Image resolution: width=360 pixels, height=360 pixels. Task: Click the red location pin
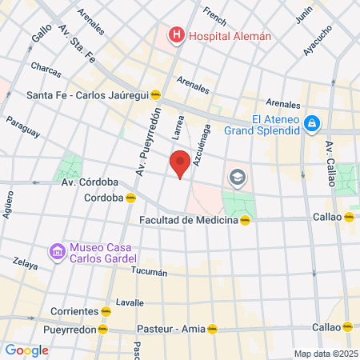tap(181, 162)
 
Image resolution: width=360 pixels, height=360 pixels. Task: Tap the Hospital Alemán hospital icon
tap(175, 35)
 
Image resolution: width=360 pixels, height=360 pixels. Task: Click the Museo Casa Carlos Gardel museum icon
tap(57, 252)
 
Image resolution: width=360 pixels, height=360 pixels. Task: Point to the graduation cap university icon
tap(237, 176)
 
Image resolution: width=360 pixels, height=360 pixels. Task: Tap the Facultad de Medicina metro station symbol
tap(246, 220)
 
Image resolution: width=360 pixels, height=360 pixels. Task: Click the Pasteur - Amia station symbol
tap(212, 328)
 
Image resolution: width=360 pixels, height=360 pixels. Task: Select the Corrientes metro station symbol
tap(106, 310)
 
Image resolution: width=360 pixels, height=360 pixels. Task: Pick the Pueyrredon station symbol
tap(102, 329)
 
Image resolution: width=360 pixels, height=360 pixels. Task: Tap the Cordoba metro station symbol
tap(130, 198)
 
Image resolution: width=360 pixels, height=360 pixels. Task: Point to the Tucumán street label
tap(149, 272)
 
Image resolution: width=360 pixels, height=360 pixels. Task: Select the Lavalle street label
tap(130, 302)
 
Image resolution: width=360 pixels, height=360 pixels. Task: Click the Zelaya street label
tap(25, 264)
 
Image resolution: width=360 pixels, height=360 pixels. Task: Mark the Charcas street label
tap(45, 70)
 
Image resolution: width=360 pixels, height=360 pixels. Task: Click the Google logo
tap(26, 350)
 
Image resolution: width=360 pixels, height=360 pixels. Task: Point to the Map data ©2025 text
tap(324, 354)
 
